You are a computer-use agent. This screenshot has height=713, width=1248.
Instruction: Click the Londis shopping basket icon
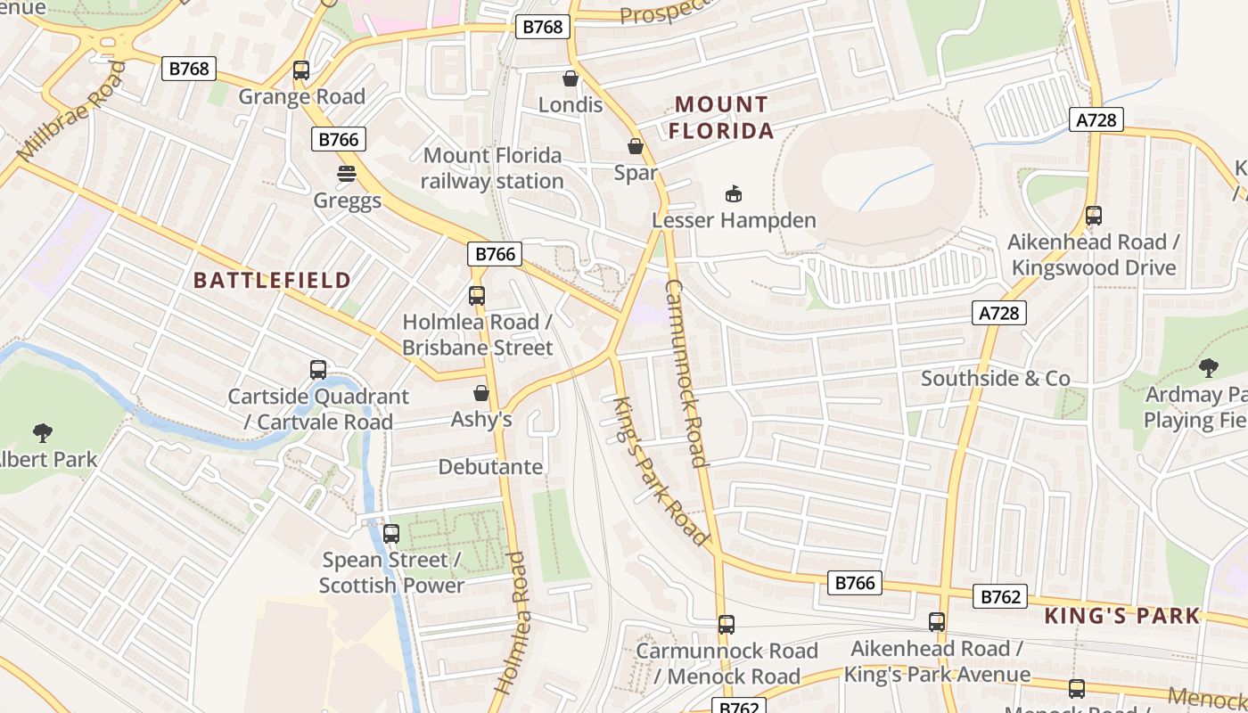[x=571, y=78]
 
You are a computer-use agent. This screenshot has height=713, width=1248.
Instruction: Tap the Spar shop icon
[x=636, y=146]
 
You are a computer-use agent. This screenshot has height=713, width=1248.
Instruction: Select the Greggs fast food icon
[x=347, y=173]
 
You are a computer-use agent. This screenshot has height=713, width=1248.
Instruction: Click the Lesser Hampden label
[x=734, y=219]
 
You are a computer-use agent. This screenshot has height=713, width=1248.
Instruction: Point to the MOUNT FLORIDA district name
[x=721, y=118]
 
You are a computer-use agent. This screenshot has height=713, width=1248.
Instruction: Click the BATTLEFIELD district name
[x=272, y=280]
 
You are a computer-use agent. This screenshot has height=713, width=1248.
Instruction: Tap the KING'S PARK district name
[x=1122, y=616]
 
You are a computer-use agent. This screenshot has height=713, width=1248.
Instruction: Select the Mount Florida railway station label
[x=492, y=168]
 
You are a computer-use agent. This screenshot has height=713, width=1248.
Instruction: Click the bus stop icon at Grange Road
[x=301, y=70]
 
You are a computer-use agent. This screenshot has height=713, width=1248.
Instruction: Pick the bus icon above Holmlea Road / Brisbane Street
[x=477, y=295]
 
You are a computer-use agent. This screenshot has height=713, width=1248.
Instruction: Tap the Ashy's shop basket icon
[x=481, y=393]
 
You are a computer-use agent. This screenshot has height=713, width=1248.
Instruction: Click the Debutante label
[x=490, y=467]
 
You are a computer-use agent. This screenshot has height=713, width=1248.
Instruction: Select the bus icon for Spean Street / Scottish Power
[x=391, y=534]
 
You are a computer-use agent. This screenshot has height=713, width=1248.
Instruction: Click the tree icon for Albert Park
[x=42, y=433]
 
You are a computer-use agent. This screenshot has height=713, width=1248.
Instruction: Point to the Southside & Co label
[x=995, y=379]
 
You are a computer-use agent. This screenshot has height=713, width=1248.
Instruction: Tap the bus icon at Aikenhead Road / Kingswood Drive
[x=1094, y=216]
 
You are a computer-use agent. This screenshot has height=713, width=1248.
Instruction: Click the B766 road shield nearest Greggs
[x=339, y=139]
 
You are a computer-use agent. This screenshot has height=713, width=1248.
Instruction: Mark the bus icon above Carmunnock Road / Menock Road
[x=727, y=625]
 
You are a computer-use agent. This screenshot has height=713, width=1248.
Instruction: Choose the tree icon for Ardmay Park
[x=1209, y=367]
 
